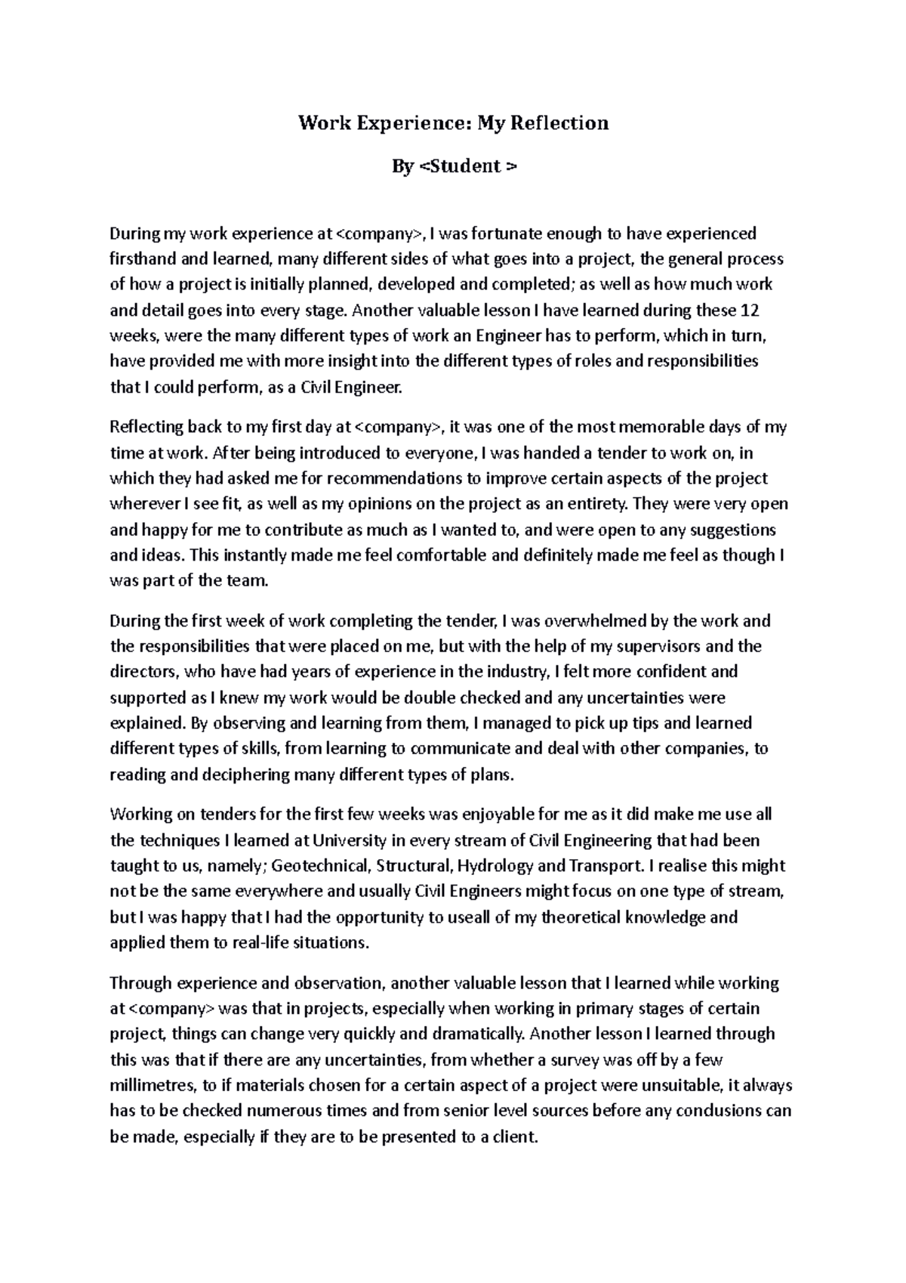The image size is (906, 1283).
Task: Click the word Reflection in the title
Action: tap(559, 123)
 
